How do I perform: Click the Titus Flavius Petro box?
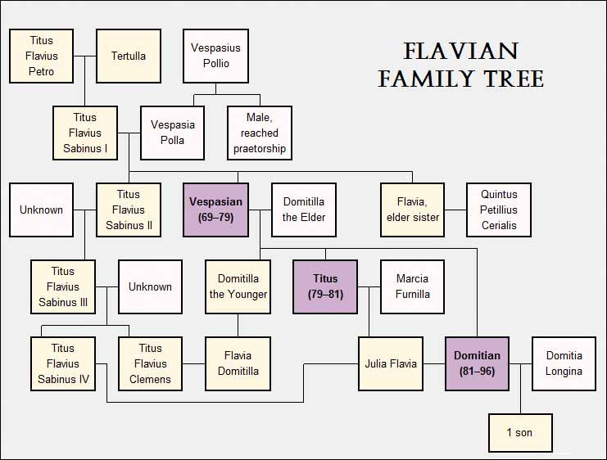coord(41,56)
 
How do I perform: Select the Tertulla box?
coord(128,56)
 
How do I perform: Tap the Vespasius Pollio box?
coord(215,56)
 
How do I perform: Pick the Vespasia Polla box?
coord(172,133)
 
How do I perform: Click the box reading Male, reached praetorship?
coord(260,133)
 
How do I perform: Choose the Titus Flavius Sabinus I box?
coord(84,133)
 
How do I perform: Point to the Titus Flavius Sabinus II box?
coord(128,210)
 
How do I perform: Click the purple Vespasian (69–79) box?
coord(215,210)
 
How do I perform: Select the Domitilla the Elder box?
coord(303,210)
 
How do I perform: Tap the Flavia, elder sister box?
coord(412,210)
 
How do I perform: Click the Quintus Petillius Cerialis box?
coord(499,210)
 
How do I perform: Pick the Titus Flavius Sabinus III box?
coord(63,286)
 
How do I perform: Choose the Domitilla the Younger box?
coord(238,286)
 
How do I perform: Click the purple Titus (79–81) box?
coord(325,286)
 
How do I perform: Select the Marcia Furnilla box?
coord(412,286)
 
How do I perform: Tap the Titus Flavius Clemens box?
coord(150,363)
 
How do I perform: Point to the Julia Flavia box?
coord(391,363)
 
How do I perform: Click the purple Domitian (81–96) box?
coord(478,363)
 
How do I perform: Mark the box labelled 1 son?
coord(520,432)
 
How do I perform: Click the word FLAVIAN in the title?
coord(460,52)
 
